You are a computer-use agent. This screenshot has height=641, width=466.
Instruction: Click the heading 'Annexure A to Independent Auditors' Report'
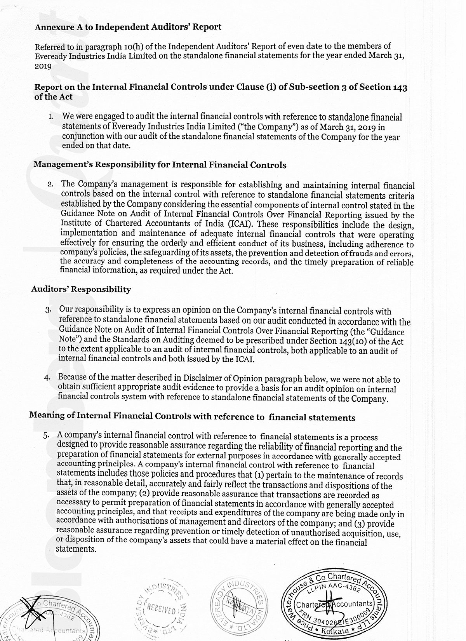[x=128, y=27]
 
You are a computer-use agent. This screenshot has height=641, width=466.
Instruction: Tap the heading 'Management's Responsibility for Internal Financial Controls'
[x=160, y=165]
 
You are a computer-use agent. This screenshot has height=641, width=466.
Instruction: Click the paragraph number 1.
[x=51, y=117]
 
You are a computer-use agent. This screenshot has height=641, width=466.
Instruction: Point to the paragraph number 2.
[x=50, y=184]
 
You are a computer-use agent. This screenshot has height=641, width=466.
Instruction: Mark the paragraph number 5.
[x=46, y=435]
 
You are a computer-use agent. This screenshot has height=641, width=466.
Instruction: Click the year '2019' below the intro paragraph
[x=43, y=66]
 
